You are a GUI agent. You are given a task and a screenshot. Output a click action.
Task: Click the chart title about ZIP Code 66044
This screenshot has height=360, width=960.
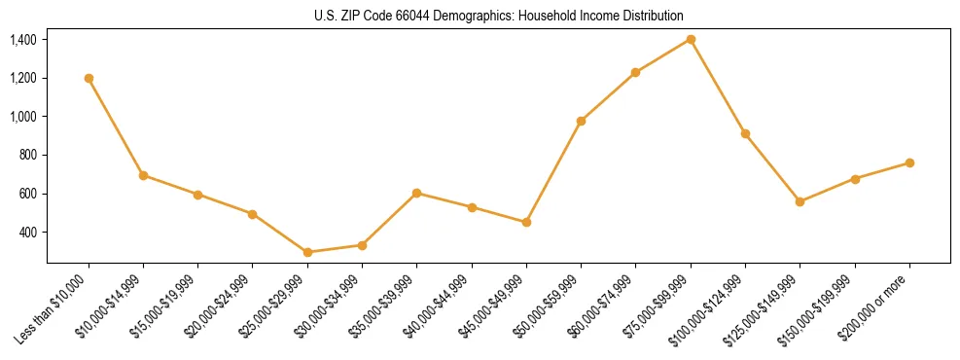pos(498,16)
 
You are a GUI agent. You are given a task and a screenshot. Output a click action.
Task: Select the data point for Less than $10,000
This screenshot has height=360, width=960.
pos(89,78)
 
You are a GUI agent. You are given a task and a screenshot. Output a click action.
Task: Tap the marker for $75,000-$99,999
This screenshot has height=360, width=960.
pos(691,39)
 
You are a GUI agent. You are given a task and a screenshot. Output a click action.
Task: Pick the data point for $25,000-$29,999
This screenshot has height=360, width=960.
pos(307,252)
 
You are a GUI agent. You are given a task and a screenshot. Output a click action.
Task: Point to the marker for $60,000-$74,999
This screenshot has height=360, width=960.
pos(635,72)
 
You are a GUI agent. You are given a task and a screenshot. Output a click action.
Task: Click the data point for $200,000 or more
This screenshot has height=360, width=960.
pos(909,162)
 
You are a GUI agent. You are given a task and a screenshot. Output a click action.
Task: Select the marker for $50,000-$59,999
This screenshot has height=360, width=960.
pos(581,121)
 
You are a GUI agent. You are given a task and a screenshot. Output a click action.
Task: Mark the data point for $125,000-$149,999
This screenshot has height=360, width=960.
pos(800,201)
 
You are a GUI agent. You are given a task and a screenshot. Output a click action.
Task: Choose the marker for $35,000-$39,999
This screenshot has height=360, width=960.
pos(416,193)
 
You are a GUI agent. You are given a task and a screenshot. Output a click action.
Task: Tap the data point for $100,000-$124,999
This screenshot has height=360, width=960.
pos(745,133)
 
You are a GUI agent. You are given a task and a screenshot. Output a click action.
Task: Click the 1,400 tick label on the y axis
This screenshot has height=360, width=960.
pos(23,40)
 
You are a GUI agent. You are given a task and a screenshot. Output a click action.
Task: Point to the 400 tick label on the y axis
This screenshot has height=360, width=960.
pos(28,233)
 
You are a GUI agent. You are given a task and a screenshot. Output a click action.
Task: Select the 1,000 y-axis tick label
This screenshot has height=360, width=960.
pos(23,117)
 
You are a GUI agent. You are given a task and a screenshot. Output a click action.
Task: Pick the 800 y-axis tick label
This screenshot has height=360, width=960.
pos(28,156)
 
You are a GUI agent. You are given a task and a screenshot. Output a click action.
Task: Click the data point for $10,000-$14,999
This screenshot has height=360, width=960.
pos(143,175)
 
